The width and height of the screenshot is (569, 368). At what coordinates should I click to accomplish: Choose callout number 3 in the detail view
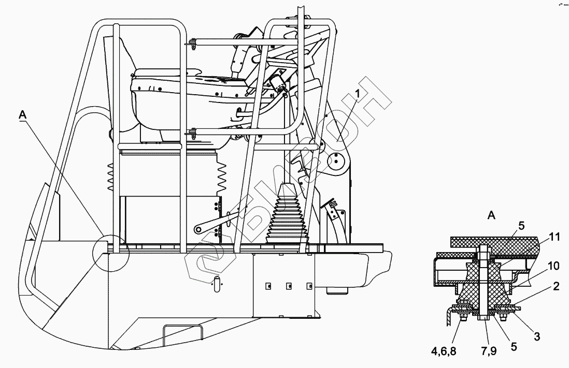coord(537,336)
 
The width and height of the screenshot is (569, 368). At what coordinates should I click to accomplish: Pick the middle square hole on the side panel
coord(288,286)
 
